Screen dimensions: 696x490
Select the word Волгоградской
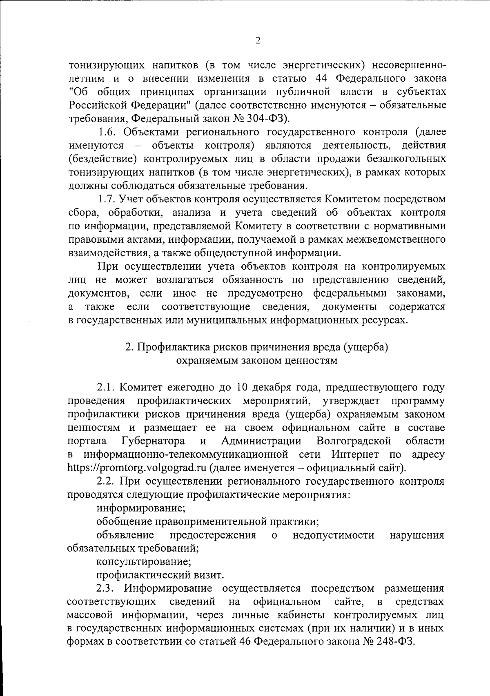tap(354, 441)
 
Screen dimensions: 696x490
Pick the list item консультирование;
tap(144, 562)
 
